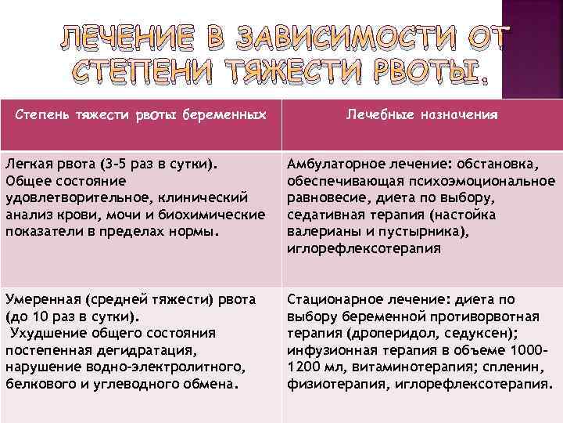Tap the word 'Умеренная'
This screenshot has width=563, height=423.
42,298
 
